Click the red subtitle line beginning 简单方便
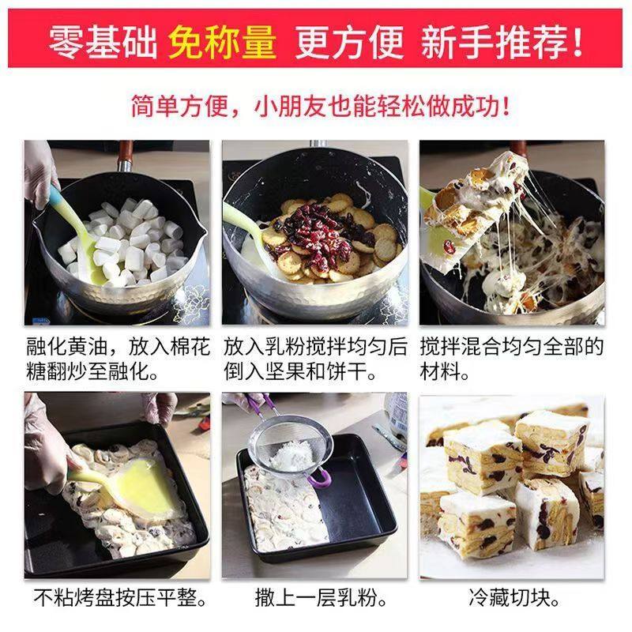point(316,104)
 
